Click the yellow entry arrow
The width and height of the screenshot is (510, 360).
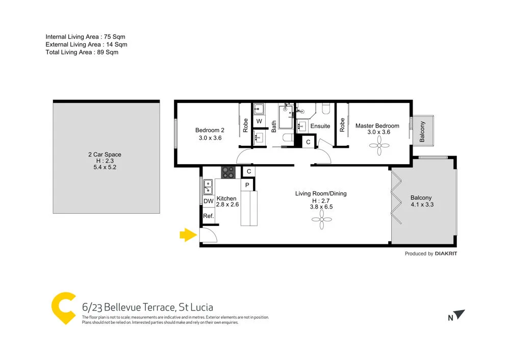click(188, 235)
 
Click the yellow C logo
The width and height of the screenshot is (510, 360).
click(64, 307)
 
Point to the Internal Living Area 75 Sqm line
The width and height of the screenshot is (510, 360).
click(85, 37)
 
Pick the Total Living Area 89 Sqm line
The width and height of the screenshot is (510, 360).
click(82, 52)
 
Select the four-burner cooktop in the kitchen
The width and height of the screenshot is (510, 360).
click(228, 172)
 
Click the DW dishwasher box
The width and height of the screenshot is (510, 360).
click(208, 201)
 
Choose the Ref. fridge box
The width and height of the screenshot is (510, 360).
click(208, 216)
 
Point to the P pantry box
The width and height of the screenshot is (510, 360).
click(247, 185)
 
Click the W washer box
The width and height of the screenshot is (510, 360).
click(259, 121)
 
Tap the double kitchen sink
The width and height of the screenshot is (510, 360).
click(208, 187)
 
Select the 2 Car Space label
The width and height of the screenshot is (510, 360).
click(104, 155)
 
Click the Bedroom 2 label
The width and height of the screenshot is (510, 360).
click(210, 130)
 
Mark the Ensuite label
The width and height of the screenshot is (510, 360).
click(320, 126)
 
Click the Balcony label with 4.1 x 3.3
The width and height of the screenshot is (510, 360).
click(421, 198)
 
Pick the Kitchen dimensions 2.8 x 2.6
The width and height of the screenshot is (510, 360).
click(227, 204)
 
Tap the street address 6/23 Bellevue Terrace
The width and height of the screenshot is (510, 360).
click(147, 307)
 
